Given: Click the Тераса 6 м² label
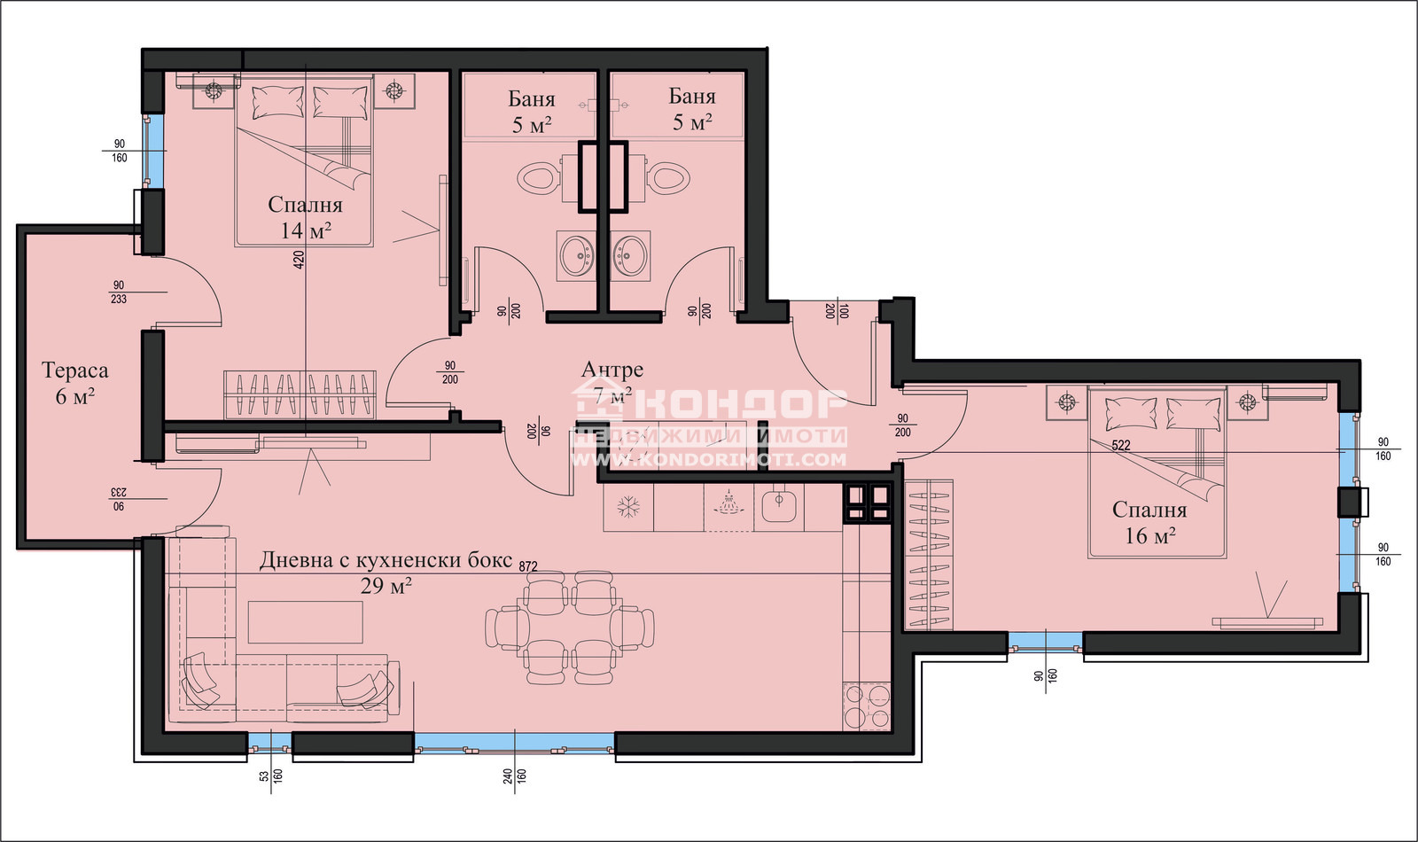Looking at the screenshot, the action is [74, 383].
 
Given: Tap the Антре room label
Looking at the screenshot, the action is [612, 369].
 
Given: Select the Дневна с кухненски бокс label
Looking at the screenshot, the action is [386, 559].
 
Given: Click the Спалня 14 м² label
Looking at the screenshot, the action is [305, 217].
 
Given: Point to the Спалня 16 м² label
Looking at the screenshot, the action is [1149, 522].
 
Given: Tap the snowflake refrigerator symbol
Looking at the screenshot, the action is [628, 507].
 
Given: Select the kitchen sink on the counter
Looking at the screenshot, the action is [779, 504].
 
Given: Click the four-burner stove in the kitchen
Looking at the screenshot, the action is [867, 706].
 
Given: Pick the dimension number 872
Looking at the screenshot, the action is [528, 566].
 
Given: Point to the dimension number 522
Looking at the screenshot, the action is [1120, 446].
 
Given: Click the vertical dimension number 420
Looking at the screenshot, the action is [299, 261].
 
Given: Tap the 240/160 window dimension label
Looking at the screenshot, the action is [515, 776].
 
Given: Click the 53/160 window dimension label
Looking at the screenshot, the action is [271, 776].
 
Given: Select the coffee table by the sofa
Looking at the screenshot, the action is [305, 621].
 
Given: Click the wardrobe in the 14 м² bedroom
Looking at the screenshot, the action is [300, 395].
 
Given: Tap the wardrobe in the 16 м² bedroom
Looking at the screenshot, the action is [929, 555].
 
